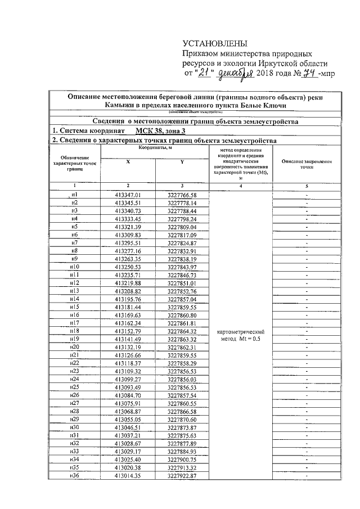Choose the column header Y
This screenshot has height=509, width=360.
(x=182, y=161)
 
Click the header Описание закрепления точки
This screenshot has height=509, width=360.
(x=307, y=164)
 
